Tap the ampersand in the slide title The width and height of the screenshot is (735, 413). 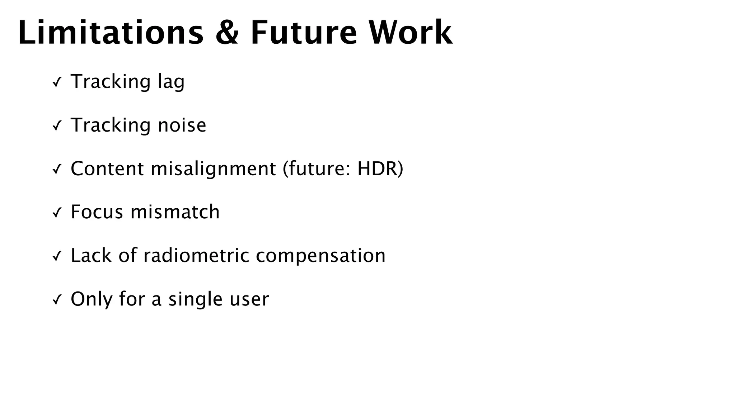[x=227, y=33]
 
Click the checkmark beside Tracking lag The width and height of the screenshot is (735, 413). [x=57, y=83]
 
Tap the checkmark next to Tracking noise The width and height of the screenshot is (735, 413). [x=57, y=126]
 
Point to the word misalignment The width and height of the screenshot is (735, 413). [x=213, y=169]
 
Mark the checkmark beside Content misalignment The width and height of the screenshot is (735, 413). [x=57, y=170]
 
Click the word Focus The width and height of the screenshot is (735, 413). [x=97, y=212]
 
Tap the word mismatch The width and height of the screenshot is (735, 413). [x=175, y=212]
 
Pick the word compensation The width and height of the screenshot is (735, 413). [x=320, y=256]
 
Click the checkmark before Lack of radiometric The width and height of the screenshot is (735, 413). [x=57, y=257]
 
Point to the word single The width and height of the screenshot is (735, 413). [x=195, y=299]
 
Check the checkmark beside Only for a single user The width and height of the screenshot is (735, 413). [x=57, y=300]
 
